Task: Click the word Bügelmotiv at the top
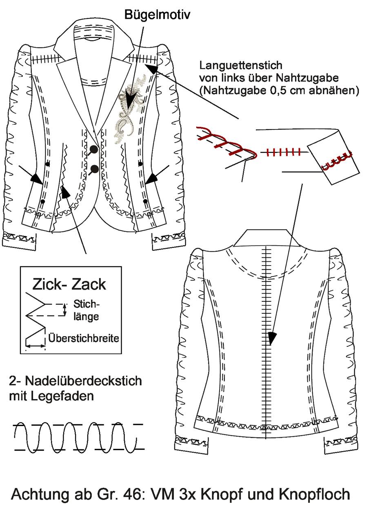(157, 16)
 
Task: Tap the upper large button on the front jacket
(94, 148)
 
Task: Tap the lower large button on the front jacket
(95, 169)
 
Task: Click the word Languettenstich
(241, 66)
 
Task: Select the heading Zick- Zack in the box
(69, 284)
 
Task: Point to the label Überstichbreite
(84, 338)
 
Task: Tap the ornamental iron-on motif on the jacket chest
(130, 109)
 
